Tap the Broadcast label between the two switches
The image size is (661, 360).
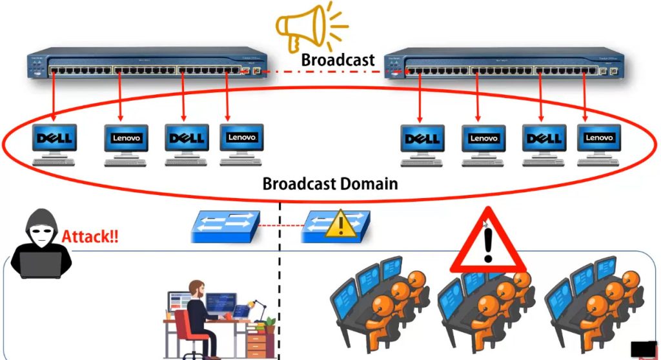tap(338, 60)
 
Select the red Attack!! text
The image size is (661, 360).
tap(90, 237)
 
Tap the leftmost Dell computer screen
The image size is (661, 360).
tap(55, 138)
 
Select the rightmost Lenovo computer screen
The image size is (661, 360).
tap(598, 137)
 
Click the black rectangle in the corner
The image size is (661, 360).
tap(643, 349)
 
